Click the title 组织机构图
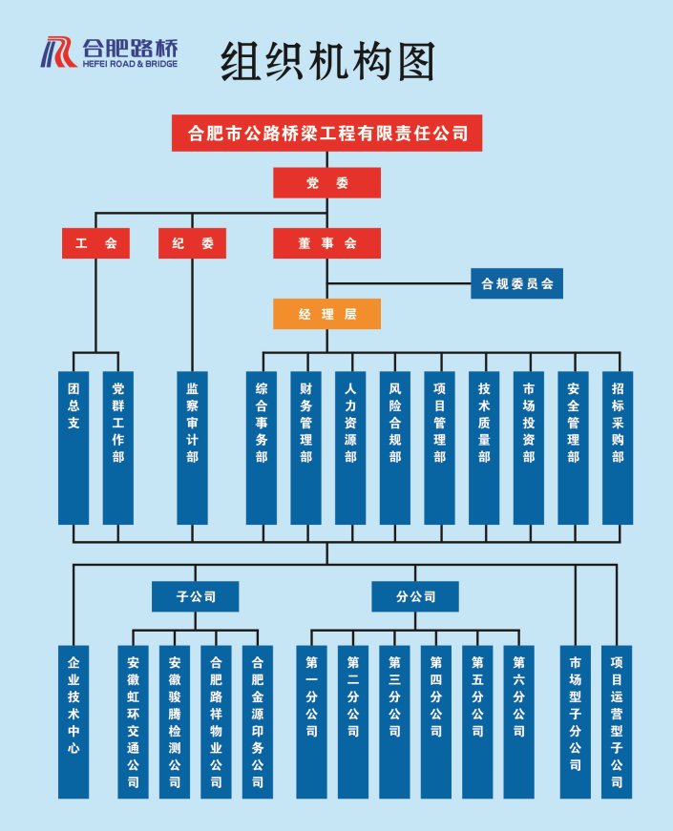[327, 62]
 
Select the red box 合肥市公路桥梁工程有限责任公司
[326, 134]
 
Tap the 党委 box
[326, 183]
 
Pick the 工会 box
[95, 243]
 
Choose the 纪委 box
[192, 243]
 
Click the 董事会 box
[326, 243]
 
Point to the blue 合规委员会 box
[516, 283]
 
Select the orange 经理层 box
[326, 314]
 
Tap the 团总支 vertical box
[74, 447]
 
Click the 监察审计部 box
[192, 447]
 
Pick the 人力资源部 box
[350, 447]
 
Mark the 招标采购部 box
[618, 447]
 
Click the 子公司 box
[196, 597]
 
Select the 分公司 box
[415, 597]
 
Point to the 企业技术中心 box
[74, 721]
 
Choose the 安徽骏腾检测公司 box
[175, 721]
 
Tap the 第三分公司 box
[394, 721]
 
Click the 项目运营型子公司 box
[617, 721]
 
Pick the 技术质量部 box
[484, 447]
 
